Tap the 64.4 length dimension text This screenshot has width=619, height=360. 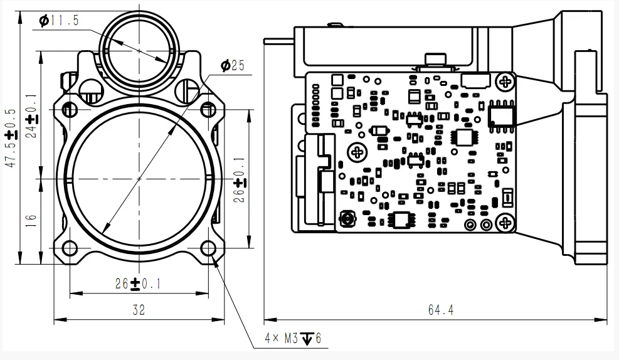pos(440,310)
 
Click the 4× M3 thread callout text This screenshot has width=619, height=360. pos(292,339)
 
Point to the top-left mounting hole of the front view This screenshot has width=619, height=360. pos(70,110)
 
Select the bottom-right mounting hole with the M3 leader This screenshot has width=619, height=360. pos(208,249)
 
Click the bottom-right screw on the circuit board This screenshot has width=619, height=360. pos(504,222)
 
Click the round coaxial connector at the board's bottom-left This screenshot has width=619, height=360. pos(346,220)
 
